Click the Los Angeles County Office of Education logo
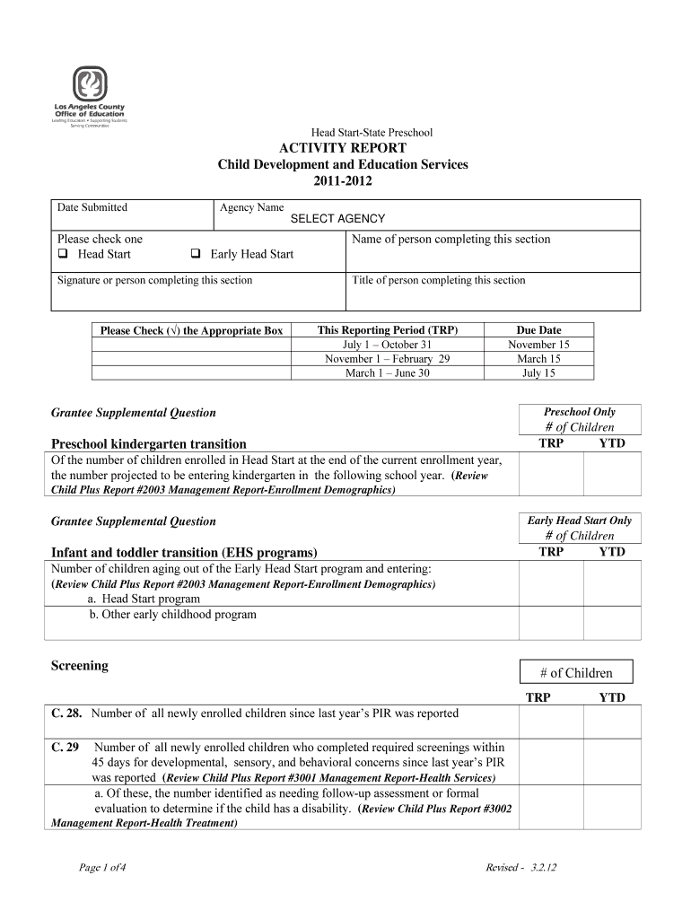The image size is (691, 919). click(x=89, y=96)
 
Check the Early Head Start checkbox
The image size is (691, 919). click(x=194, y=254)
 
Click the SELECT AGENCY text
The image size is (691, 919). click(x=337, y=219)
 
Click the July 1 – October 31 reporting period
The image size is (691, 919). click(x=388, y=345)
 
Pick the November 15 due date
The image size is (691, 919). click(x=538, y=345)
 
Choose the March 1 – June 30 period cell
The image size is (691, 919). click(x=388, y=373)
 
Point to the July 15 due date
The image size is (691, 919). click(x=538, y=373)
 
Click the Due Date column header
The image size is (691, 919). click(x=538, y=330)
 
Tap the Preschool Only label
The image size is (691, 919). click(x=580, y=412)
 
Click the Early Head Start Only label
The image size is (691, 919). click(x=580, y=521)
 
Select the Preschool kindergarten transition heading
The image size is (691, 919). click(x=149, y=443)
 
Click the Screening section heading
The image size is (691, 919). click(x=80, y=666)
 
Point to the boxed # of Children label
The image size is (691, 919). click(x=576, y=673)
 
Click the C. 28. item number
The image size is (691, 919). click(x=67, y=713)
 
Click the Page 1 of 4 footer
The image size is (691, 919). click(x=102, y=867)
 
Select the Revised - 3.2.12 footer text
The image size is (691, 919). click(x=521, y=867)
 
